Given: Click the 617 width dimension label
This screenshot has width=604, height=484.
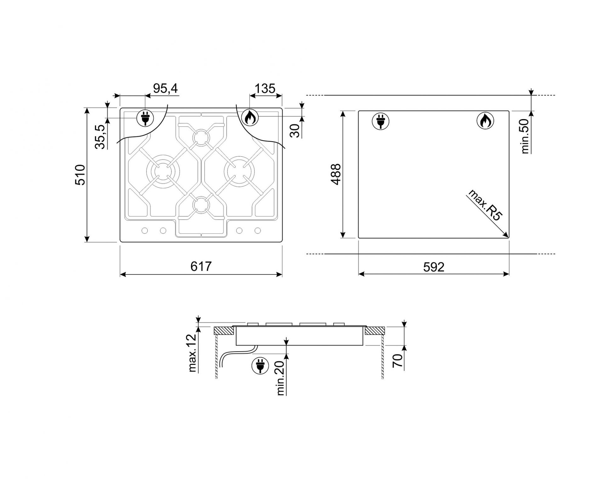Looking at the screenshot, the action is coord(201,267).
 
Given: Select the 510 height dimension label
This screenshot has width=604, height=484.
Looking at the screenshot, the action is coord(80,175).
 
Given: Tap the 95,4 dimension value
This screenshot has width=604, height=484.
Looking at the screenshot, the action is coord(165,89).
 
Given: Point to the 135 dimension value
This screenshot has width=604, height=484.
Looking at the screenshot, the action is coord(265,89).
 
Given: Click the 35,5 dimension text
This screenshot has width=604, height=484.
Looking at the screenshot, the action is coord(100,137).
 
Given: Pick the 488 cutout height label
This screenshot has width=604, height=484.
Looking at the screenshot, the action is coord(336,174).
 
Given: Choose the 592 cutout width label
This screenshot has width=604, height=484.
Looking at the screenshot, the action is coord(434,267).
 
